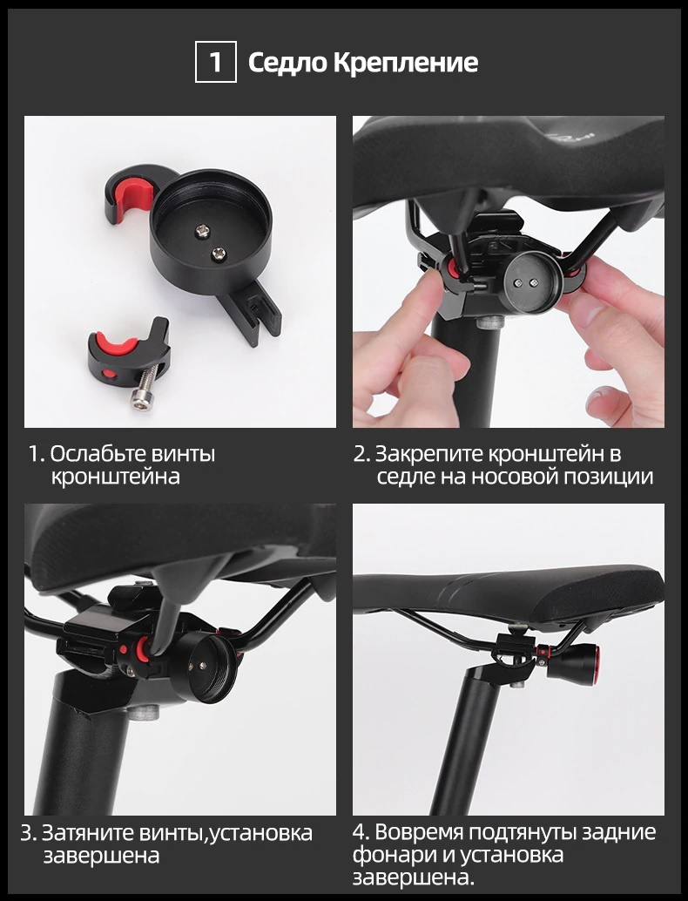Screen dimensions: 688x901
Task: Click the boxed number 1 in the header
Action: point(215,62)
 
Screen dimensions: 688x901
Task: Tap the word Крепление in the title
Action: point(406,63)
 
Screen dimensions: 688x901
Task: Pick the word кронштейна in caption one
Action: point(116,477)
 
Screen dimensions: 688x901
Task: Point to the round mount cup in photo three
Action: point(204,667)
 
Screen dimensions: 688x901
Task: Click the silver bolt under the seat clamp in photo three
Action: point(143,713)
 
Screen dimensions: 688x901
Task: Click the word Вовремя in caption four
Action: point(420,833)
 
